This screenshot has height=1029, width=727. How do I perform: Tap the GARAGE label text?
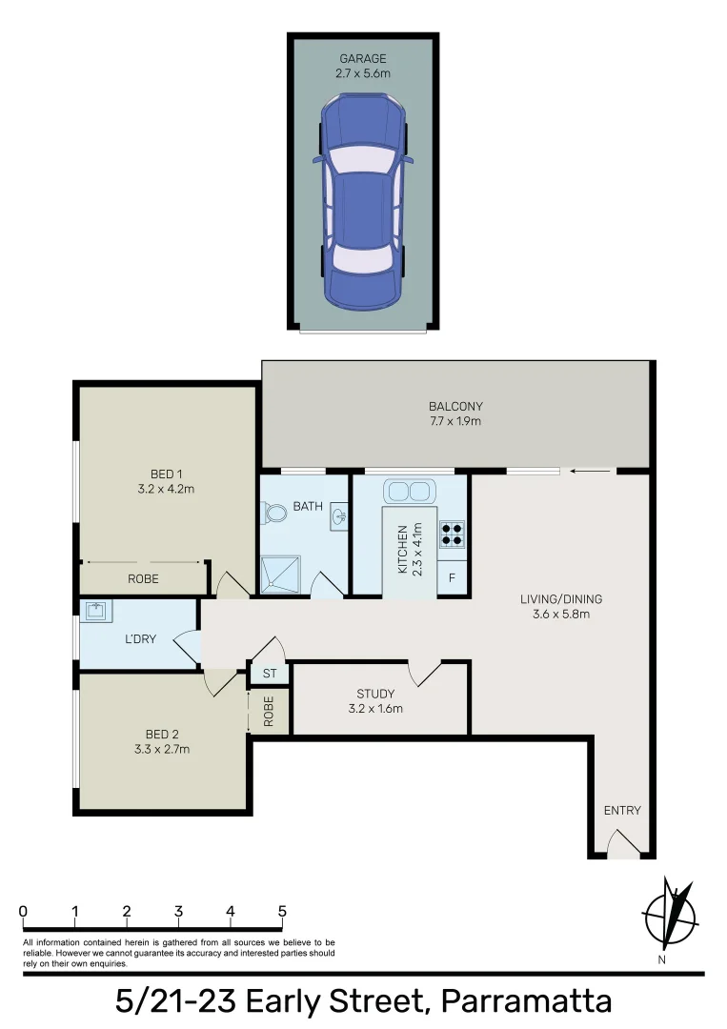[363, 58]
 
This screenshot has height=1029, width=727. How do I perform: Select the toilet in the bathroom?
[276, 514]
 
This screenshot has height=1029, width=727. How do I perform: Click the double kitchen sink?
[409, 492]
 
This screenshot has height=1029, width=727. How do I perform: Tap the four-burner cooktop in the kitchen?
[452, 534]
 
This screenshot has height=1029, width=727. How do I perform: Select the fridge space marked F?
[453, 578]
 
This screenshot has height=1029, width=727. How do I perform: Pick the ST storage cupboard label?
[270, 674]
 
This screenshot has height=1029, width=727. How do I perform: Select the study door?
[425, 672]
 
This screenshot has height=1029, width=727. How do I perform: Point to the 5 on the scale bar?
[282, 912]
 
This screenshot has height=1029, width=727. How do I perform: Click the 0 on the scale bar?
[23, 912]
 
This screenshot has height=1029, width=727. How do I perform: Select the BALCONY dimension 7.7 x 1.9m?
[454, 420]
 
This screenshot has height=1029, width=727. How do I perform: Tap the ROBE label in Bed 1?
[143, 578]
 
